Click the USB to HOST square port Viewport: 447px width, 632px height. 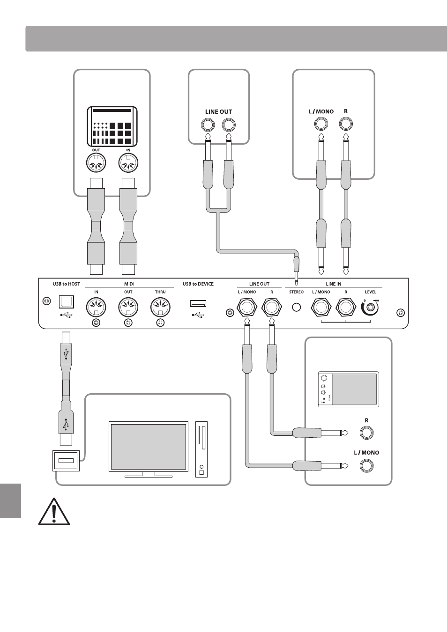(67, 301)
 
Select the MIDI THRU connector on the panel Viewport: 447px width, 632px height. (160, 307)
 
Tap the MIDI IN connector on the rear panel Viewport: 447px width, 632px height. (96, 307)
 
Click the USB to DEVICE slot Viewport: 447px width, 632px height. (198, 303)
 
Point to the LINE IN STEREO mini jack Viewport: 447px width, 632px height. (296, 307)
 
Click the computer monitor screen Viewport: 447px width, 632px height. (149, 446)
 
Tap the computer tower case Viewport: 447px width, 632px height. (201, 449)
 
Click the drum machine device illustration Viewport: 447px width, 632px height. (112, 126)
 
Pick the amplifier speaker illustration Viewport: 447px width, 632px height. (349, 389)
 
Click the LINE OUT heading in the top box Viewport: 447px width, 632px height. (218, 112)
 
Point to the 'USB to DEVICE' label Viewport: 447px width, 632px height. (198, 284)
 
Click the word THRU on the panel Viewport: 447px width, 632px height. (160, 292)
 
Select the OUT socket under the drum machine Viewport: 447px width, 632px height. (96, 163)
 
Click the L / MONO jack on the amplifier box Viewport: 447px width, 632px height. (366, 465)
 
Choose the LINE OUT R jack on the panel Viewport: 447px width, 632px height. (272, 307)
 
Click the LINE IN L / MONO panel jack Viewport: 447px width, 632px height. (321, 307)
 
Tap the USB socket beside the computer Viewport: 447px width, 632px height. (66, 461)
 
